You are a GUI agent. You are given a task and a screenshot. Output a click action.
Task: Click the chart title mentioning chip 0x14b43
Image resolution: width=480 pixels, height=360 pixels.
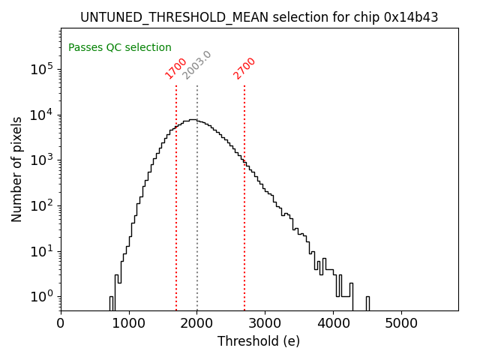pyautogui.click(x=259, y=17)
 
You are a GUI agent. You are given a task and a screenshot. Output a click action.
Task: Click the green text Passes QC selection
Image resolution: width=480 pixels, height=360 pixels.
pyautogui.click(x=120, y=47)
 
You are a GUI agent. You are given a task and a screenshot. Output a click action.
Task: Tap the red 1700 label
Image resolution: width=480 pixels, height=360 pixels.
pyautogui.click(x=176, y=67)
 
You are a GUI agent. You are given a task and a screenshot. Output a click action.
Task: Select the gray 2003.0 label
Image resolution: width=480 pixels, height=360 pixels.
pyautogui.click(x=197, y=65)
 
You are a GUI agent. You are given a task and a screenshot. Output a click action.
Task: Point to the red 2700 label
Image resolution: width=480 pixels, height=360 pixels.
pyautogui.click(x=244, y=67)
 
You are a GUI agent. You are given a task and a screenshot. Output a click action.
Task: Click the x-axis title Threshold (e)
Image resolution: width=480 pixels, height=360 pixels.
pyautogui.click(x=259, y=341)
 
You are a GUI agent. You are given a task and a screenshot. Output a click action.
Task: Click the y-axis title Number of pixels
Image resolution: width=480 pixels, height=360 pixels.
pyautogui.click(x=17, y=169)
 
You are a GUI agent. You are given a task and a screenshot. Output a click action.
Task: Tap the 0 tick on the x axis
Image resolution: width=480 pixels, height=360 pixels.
pyautogui.click(x=61, y=324)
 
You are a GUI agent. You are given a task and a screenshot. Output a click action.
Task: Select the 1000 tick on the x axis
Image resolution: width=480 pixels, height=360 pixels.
pyautogui.click(x=129, y=324)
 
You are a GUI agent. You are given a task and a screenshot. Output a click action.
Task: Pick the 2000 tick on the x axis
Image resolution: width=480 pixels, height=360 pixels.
pyautogui.click(x=197, y=324)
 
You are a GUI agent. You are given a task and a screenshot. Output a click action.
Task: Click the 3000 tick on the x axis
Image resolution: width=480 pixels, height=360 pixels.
pyautogui.click(x=265, y=324)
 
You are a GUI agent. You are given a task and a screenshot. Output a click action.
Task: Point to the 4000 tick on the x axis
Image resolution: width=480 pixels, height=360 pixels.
pyautogui.click(x=333, y=324)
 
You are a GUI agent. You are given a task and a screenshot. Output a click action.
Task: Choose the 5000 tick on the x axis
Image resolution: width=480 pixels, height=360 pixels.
pyautogui.click(x=401, y=324)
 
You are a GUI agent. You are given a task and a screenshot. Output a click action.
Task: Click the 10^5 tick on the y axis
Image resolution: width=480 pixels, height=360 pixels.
pyautogui.click(x=40, y=69)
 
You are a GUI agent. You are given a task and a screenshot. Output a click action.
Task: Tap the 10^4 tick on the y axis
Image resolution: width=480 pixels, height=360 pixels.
pyautogui.click(x=40, y=115)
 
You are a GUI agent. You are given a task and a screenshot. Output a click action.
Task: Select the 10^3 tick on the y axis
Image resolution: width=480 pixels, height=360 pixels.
pyautogui.click(x=40, y=160)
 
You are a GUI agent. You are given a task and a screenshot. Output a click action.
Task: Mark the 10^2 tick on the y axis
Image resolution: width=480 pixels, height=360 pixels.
pyautogui.click(x=40, y=205)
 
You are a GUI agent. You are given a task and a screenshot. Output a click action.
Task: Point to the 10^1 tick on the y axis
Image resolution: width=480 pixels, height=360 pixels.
pyautogui.click(x=40, y=250)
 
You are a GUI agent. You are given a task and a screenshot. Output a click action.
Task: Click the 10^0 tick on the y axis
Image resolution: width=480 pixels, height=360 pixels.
pyautogui.click(x=40, y=296)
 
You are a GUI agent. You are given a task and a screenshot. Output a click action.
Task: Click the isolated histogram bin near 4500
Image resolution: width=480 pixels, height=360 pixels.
pyautogui.click(x=367, y=302)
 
